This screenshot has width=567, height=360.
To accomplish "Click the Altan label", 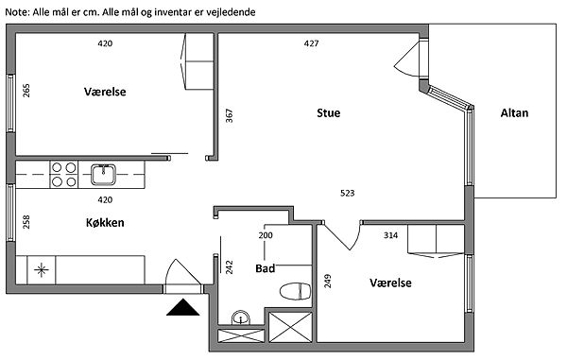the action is (x=514, y=113).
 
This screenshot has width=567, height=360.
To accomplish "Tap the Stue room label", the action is (x=328, y=113).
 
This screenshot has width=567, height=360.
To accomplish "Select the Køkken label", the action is (x=105, y=223).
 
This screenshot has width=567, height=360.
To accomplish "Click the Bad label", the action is (x=265, y=268).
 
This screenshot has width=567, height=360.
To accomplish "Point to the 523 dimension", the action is (x=348, y=193).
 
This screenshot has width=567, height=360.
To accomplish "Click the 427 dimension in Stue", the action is (x=311, y=43).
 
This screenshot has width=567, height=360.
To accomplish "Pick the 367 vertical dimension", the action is (x=230, y=115).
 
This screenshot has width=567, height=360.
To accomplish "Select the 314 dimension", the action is (x=390, y=235).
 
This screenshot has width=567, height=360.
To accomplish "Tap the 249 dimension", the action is (x=328, y=281).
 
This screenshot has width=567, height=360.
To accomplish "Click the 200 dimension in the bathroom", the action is (x=266, y=235).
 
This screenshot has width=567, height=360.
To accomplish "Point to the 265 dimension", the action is (x=26, y=91).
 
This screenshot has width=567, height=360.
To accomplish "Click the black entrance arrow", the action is (x=183, y=307).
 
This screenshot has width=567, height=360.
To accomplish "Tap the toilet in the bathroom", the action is (x=296, y=291).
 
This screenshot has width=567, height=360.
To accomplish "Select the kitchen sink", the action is (x=103, y=174).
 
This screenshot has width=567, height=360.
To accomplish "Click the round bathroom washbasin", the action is (x=241, y=317).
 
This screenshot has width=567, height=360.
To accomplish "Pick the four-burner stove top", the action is (x=63, y=174).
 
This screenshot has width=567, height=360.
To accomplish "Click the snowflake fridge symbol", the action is (x=42, y=269).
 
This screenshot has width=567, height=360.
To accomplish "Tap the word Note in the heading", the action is (x=16, y=12).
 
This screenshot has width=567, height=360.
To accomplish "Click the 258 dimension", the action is (x=26, y=222).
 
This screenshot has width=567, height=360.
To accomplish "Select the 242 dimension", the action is (x=230, y=267).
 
